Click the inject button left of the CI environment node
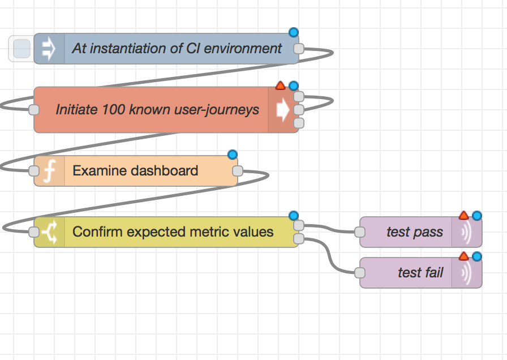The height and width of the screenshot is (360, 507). pyautogui.click(x=22, y=49)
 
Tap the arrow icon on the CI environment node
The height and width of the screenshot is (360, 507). pyautogui.click(x=49, y=49)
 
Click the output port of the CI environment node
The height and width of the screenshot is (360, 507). pyautogui.click(x=299, y=49)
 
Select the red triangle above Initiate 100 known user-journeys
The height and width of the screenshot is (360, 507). pyautogui.click(x=280, y=85)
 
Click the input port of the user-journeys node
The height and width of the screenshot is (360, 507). pyautogui.click(x=34, y=110)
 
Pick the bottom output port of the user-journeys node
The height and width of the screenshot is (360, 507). pyautogui.click(x=299, y=123)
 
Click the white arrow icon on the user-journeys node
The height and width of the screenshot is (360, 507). pyautogui.click(x=282, y=110)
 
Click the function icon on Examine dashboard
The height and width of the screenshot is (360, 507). pyautogui.click(x=49, y=171)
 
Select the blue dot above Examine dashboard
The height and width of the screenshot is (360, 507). pyautogui.click(x=233, y=155)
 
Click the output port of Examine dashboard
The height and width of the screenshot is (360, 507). pyautogui.click(x=238, y=171)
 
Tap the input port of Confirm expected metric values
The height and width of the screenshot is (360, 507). pyautogui.click(x=34, y=232)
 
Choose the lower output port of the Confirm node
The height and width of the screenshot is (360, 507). pyautogui.click(x=299, y=239)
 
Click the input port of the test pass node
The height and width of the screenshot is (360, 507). pyautogui.click(x=360, y=232)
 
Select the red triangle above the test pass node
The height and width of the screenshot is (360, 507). pyautogui.click(x=463, y=215)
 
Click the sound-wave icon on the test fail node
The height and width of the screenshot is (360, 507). pyautogui.click(x=466, y=273)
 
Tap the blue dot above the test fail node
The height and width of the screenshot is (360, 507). pyautogui.click(x=477, y=256)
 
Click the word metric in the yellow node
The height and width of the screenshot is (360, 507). pyautogui.click(x=212, y=232)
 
